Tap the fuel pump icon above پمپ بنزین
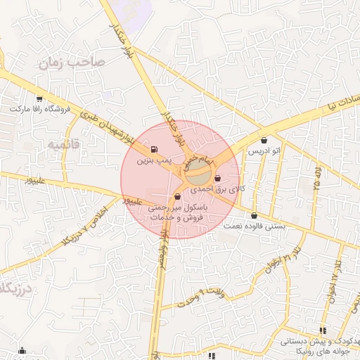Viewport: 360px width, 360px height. (153, 148)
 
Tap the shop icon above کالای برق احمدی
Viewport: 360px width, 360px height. (217, 178)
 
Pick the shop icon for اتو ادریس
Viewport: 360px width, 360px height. (264, 140)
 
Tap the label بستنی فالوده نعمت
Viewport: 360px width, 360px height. (255, 226)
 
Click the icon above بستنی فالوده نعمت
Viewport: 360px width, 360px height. (254, 216)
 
